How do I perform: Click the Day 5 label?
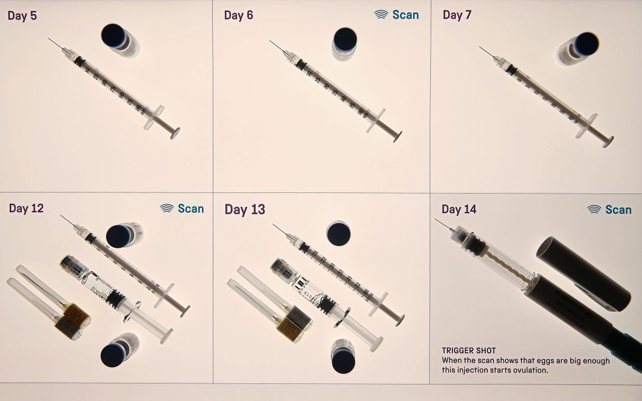click(x=22, y=16)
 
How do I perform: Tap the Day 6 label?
click(x=239, y=15)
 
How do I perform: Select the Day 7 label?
click(x=457, y=15)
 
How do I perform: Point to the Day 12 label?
click(x=26, y=209)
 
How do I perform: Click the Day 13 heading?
click(x=244, y=210)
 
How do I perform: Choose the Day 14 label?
click(x=459, y=209)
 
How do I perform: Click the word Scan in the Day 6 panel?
click(x=405, y=15)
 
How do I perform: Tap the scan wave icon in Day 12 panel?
click(x=167, y=209)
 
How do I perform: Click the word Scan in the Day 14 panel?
click(x=618, y=210)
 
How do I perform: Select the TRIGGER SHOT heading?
click(x=469, y=351)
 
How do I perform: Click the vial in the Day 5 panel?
click(x=119, y=40)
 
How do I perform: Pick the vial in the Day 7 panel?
click(x=578, y=48)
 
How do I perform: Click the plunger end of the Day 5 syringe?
click(x=174, y=133)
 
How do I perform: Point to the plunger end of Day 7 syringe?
click(x=608, y=141)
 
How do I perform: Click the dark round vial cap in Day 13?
click(x=338, y=233)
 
